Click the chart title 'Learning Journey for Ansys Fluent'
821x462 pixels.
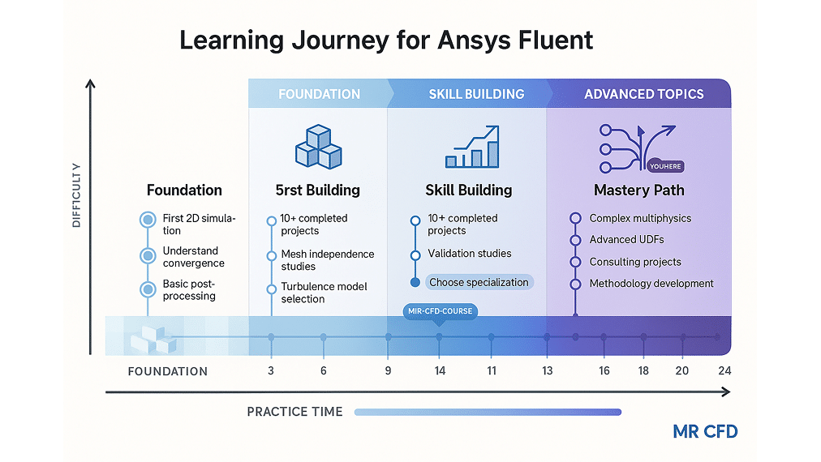(x=386, y=40)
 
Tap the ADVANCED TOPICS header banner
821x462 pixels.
(x=643, y=94)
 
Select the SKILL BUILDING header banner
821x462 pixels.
(x=475, y=94)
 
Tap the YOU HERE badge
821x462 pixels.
(x=666, y=166)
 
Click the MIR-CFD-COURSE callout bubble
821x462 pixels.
(x=439, y=311)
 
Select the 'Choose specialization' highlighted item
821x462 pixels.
(x=478, y=282)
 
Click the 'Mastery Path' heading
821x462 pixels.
(x=638, y=190)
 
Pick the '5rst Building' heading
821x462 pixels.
(x=317, y=190)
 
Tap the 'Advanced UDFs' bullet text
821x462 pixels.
(x=624, y=240)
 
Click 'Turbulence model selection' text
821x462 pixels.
(x=324, y=293)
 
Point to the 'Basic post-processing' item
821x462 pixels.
(x=189, y=289)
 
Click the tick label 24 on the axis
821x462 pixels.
(x=724, y=370)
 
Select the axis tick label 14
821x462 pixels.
(x=439, y=370)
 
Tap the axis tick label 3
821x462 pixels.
(x=271, y=370)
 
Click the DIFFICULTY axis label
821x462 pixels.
(x=76, y=195)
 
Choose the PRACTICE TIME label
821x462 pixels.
(x=294, y=412)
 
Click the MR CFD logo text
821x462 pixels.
(x=705, y=431)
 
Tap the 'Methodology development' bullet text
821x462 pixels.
(x=651, y=284)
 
